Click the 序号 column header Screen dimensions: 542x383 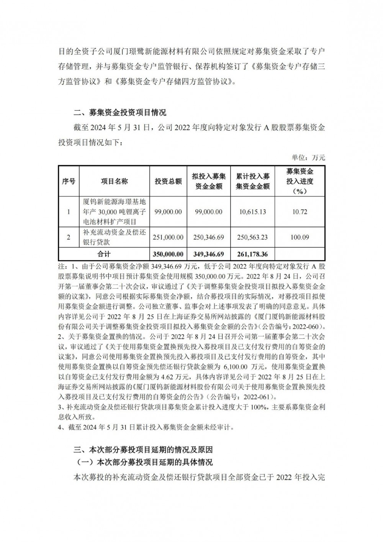point(69,181)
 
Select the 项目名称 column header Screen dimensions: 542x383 point(114,181)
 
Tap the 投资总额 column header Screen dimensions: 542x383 point(168,181)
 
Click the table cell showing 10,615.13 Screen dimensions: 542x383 point(252,212)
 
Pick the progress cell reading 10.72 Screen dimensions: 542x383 point(300,212)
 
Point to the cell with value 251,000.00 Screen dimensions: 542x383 point(168,237)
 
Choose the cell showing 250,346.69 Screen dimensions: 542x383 point(209,237)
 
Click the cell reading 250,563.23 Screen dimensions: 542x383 point(252,237)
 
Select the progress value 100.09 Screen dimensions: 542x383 point(300,237)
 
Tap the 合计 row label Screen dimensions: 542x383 point(103,254)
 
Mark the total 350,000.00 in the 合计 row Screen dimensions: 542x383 point(168,254)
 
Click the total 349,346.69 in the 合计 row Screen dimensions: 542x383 point(209,254)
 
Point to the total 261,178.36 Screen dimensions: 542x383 point(252,254)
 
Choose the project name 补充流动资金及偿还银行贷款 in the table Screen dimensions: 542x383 point(114,237)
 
